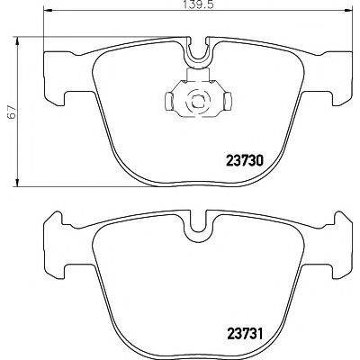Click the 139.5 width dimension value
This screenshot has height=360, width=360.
(198, 5)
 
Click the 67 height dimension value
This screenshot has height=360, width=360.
(12, 112)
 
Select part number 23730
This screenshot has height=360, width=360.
(244, 161)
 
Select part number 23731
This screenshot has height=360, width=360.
(244, 333)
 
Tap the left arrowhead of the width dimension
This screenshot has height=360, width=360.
(49, 12)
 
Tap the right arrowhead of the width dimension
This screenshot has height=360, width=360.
(347, 12)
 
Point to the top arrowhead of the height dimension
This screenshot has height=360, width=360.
(18, 41)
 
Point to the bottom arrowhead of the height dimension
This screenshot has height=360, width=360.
(18, 182)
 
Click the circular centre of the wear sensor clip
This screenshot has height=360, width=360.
(198, 101)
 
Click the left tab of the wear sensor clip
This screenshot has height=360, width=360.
(169, 100)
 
